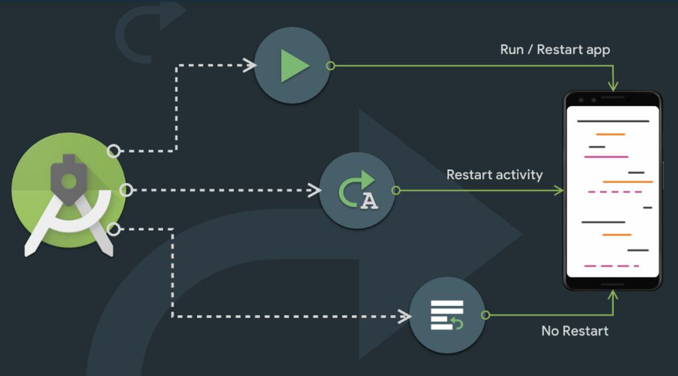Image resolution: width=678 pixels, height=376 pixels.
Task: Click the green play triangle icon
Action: (294, 65)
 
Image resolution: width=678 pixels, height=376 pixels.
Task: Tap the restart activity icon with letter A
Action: (357, 191)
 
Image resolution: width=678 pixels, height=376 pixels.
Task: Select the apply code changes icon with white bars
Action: (447, 315)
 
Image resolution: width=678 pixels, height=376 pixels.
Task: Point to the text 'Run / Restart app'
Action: (555, 49)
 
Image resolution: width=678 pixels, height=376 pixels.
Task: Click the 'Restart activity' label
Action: (494, 174)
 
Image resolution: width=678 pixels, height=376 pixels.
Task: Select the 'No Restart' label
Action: (574, 330)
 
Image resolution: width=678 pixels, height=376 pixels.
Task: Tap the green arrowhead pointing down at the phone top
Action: (613, 86)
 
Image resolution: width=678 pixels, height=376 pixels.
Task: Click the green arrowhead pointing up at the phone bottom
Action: (613, 294)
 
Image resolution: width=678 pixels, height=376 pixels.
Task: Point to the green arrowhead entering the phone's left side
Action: (559, 191)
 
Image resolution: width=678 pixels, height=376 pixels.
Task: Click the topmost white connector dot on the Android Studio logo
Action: (114, 151)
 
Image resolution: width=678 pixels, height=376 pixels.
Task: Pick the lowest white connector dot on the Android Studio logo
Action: (113, 229)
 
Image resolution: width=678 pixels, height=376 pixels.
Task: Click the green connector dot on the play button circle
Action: (331, 65)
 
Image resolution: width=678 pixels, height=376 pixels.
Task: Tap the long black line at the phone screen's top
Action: (613, 121)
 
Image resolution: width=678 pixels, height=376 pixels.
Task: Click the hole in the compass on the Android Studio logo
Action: (68, 180)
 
